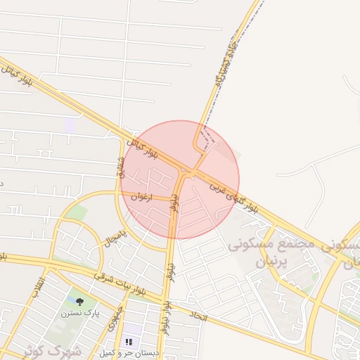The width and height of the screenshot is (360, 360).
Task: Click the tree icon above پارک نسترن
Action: coord(79,301)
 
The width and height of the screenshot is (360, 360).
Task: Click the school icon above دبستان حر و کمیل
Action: coord(129,342)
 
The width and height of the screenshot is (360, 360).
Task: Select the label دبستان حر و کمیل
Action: coord(129,352)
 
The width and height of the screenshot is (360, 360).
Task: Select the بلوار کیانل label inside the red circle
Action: coord(143,147)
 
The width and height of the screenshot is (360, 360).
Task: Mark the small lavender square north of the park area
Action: coord(69,126)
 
